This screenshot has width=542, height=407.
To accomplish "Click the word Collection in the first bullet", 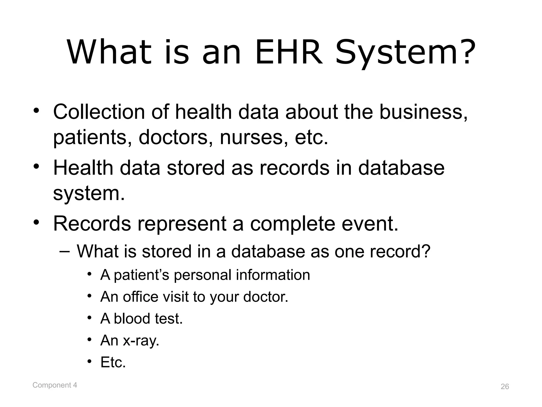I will [x=99, y=112].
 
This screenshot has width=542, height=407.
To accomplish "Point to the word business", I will [x=423, y=112].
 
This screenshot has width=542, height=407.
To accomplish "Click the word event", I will [x=370, y=224].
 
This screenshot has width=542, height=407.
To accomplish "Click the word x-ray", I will [x=141, y=340].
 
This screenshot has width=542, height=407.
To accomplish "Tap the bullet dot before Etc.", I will [x=90, y=362].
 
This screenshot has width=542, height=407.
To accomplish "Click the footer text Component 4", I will [x=55, y=385].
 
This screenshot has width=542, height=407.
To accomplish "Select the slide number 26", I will [x=505, y=387].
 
